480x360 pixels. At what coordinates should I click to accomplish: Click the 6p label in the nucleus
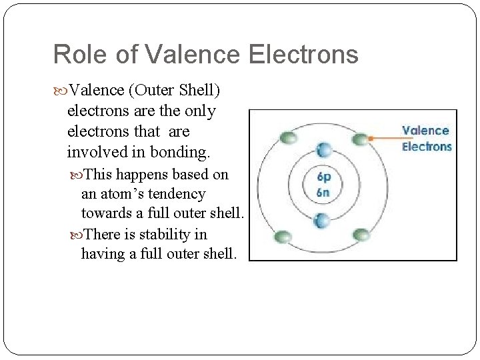pyautogui.click(x=323, y=177)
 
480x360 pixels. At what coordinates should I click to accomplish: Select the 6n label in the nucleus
pyautogui.click(x=323, y=192)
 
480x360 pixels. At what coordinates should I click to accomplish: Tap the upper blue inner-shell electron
pyautogui.click(x=323, y=150)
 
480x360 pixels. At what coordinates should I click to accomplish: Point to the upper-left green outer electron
pyautogui.click(x=288, y=138)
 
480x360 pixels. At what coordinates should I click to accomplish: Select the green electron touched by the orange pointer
pyautogui.click(x=361, y=139)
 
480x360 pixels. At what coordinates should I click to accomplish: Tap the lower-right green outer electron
pyautogui.click(x=361, y=235)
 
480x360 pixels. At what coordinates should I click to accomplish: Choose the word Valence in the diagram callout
pyautogui.click(x=425, y=131)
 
